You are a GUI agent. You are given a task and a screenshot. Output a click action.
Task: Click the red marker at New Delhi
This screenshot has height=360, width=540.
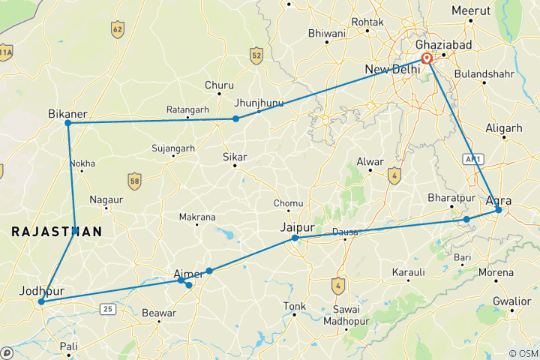pos(427,58)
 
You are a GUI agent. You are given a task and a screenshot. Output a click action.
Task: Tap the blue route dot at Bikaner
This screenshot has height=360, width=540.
pos(68,123)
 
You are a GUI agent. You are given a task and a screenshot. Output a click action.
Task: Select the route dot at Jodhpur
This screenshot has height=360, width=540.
pos(41,301)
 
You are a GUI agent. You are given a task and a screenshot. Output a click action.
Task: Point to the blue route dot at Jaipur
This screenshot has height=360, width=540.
pos(295,238)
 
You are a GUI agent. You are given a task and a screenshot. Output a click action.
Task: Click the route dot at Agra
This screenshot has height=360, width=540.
pos(499,211)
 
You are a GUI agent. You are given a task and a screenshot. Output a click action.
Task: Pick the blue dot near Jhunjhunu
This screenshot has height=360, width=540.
pos(235,118)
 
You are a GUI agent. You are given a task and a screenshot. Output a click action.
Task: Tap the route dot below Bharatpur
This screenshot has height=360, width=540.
pos(466,219)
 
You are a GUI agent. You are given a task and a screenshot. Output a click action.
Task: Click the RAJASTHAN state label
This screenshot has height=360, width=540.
pos(56,233)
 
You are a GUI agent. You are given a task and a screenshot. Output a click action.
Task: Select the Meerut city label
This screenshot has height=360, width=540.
pos(470,10)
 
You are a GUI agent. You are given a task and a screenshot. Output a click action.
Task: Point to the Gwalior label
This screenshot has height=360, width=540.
pos(512,301)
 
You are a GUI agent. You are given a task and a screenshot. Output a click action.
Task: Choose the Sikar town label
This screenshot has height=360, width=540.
pos(235,157)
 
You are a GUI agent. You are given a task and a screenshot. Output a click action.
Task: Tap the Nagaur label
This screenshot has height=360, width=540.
pos(106,199)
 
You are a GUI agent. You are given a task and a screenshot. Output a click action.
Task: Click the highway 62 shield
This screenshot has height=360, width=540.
pos(117,30)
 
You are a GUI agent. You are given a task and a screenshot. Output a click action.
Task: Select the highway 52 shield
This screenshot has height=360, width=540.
pos(257,55)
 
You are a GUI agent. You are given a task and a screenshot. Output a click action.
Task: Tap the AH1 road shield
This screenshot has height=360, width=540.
pos(472,159)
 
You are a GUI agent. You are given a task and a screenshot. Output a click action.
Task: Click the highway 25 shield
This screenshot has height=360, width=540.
pos(109,307)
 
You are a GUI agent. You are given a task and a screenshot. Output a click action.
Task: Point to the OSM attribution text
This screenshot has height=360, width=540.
pos(523,353)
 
